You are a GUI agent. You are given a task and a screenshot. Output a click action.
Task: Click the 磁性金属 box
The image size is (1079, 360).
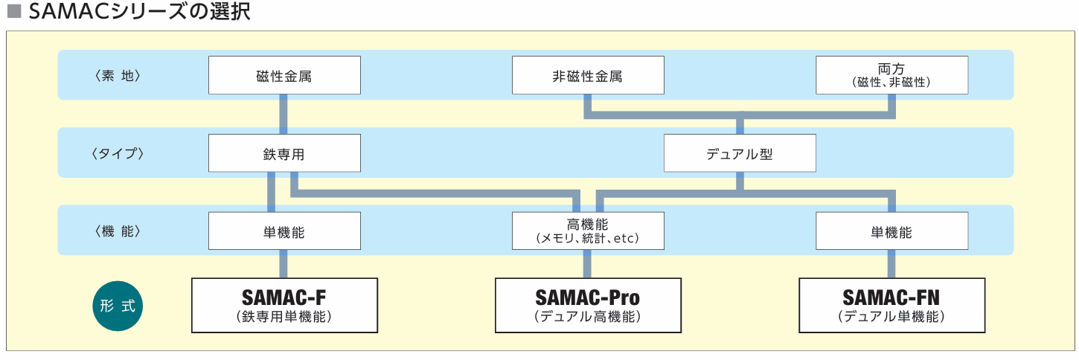[x=284, y=75]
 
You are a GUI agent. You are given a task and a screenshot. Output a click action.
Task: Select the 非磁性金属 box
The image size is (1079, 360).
[x=588, y=75]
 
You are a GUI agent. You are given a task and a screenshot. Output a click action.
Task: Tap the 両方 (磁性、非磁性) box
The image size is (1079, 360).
[x=891, y=75]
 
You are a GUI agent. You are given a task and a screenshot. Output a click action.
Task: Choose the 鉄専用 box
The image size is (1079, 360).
[x=284, y=153]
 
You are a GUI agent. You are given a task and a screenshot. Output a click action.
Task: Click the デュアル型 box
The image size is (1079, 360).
[x=740, y=153]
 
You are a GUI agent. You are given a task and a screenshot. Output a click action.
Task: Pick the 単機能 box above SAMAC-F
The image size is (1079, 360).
[x=284, y=231]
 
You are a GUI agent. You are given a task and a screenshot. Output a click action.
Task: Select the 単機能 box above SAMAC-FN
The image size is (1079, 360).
[x=891, y=231]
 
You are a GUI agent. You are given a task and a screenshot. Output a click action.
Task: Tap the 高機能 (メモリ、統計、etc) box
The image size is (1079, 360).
[x=588, y=231]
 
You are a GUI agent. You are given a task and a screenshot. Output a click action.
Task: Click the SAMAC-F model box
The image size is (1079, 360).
[x=284, y=305]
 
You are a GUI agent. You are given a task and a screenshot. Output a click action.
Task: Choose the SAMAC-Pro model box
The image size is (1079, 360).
[x=588, y=305]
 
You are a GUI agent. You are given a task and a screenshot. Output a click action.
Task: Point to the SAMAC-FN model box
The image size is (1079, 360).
[x=891, y=305]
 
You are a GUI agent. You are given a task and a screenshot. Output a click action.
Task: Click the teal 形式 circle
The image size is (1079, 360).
[x=118, y=306]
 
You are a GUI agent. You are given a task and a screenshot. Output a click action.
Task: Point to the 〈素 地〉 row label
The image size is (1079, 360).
[x=118, y=75]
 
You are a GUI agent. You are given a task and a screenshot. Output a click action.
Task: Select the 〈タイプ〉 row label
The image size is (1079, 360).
[x=118, y=153]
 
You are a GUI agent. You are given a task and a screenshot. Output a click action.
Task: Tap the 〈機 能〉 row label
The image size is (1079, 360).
[x=118, y=231]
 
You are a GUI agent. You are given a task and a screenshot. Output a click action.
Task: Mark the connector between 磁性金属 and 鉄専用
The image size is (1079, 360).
[x=283, y=114]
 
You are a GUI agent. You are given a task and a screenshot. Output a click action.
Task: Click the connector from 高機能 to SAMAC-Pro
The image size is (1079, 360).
[x=587, y=264]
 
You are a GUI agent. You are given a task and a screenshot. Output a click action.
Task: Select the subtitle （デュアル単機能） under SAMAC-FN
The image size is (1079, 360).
[x=891, y=317]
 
